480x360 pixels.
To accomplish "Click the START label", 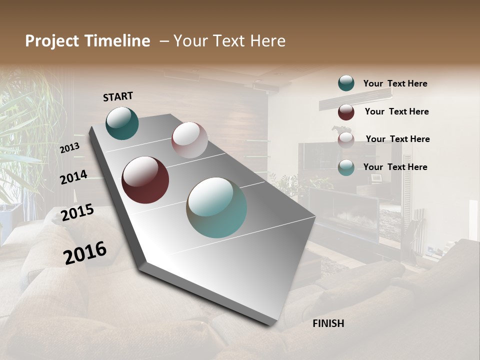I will [x=118, y=96].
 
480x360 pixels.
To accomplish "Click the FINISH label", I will [x=328, y=323].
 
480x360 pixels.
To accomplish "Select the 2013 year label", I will [x=70, y=148].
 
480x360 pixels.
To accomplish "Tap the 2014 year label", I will [x=73, y=177].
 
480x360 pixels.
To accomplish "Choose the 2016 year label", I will [x=85, y=252].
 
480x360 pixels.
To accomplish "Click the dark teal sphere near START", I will [x=122, y=123].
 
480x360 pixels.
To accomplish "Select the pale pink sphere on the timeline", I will [x=189, y=140].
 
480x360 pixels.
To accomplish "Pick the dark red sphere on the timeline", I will [x=145, y=180].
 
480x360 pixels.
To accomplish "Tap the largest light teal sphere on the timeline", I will [x=216, y=207].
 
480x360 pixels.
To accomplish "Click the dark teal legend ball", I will [x=346, y=83].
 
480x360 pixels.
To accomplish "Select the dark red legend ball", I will [x=346, y=112].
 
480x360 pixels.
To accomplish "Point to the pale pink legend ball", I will [x=346, y=140].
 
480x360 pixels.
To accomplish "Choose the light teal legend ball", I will [x=346, y=168].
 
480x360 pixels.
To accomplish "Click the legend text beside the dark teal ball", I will [x=395, y=84].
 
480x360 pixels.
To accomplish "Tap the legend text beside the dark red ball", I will [x=396, y=111].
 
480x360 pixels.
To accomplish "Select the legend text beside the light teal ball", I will [x=395, y=167].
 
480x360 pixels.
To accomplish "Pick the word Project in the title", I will [x=51, y=41].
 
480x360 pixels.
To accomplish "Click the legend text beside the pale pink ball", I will [x=397, y=139].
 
